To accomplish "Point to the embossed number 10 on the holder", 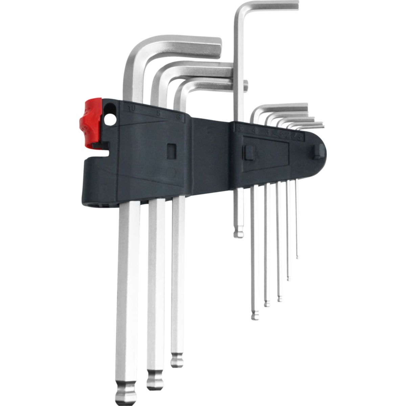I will [131, 109].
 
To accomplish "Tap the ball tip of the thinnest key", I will [297, 257].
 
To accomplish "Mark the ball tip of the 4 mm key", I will [255, 315].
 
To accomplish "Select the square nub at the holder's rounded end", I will [318, 151].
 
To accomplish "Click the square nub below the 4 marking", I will [249, 153].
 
